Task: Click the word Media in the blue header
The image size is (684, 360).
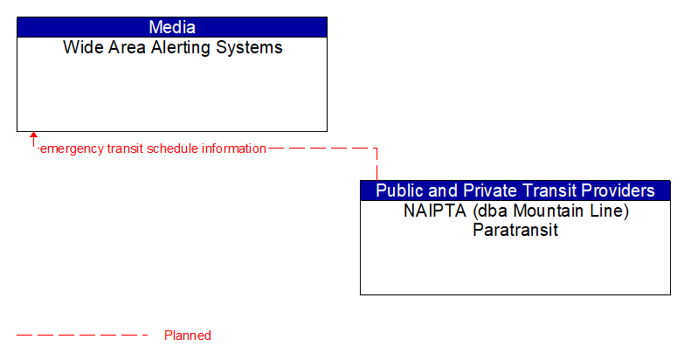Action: pyautogui.click(x=172, y=27)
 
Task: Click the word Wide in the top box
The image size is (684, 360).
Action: pyautogui.click(x=80, y=48)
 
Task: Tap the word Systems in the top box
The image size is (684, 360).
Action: pyautogui.click(x=251, y=48)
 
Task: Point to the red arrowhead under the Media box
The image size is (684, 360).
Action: pyautogui.click(x=34, y=136)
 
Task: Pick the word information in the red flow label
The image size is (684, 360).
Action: pyautogui.click(x=234, y=149)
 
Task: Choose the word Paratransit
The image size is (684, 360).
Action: pyautogui.click(x=515, y=231)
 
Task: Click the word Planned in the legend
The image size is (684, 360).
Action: pyautogui.click(x=188, y=336)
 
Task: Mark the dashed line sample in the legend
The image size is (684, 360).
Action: pyautogui.click(x=83, y=336)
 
